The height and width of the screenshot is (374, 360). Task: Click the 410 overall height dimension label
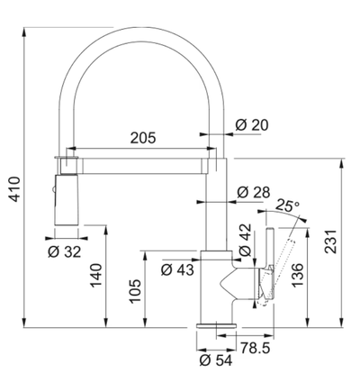point(14,189)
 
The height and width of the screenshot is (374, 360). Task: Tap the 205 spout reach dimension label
point(143,138)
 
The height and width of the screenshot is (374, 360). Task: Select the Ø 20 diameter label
point(252,125)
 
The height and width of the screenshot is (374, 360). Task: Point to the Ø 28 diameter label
point(254,192)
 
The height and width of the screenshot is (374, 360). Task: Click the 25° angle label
point(287,205)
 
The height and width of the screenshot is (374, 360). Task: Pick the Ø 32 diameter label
point(65,251)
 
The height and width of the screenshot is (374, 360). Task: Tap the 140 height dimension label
point(96,275)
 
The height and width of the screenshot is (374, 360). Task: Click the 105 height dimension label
point(135,291)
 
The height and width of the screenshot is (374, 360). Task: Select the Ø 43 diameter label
point(177,269)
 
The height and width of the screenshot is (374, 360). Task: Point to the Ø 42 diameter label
point(245,240)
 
